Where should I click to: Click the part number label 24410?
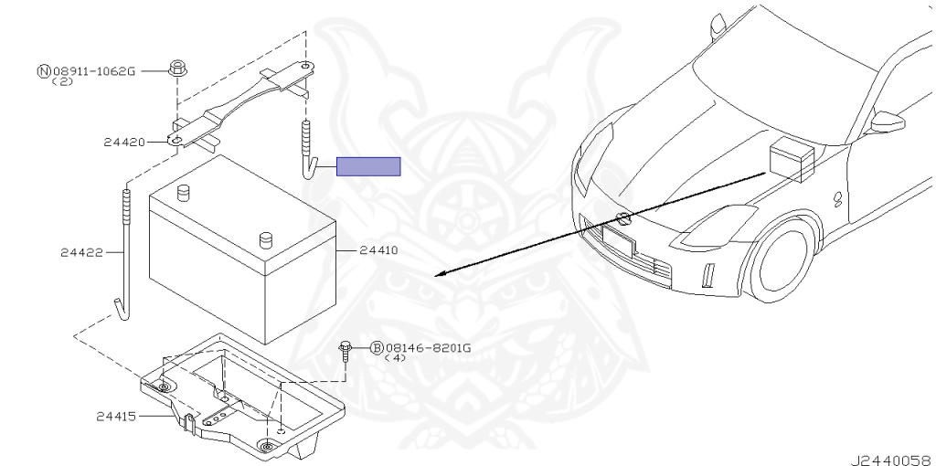click(378, 249)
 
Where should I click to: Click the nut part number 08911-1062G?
click(93, 70)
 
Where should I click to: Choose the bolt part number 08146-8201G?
click(428, 348)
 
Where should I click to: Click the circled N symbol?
click(43, 70)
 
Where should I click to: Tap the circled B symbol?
click(377, 348)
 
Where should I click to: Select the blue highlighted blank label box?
click(368, 166)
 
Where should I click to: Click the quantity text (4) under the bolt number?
click(395, 358)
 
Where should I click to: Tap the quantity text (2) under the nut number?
click(62, 80)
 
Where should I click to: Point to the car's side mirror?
click(887, 122)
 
